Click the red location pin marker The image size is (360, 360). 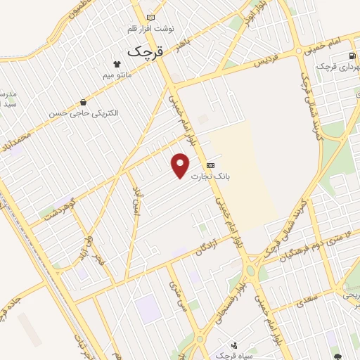point(181,165)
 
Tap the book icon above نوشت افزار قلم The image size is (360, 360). point(150,17)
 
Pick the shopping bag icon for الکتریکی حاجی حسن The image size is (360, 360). point(84,103)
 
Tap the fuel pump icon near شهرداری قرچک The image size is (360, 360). point(351,56)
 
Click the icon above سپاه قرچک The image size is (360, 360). point(234,345)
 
